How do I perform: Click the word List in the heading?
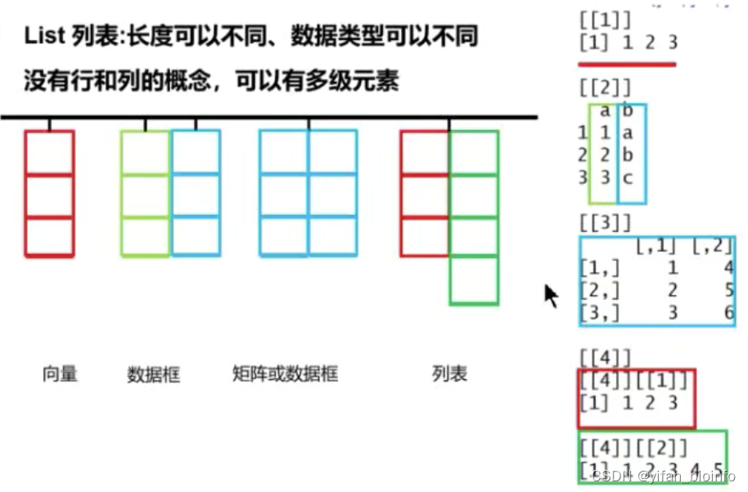coord(47,37)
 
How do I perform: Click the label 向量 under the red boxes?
coord(60,374)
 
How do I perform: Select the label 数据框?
coord(153,375)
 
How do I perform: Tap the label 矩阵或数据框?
coord(285,374)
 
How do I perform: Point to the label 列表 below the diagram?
coord(449,374)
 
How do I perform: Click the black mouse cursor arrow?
coord(551,295)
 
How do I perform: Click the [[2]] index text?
coord(604,87)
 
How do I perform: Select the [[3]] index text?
coord(604,222)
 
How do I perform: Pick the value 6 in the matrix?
coord(728,312)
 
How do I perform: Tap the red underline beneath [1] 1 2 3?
coord(627,63)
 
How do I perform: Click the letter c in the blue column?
coord(628,177)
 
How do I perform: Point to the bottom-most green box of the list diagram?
coord(474,281)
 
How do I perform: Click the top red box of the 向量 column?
coord(49,153)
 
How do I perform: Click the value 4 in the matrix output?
coord(728,267)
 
